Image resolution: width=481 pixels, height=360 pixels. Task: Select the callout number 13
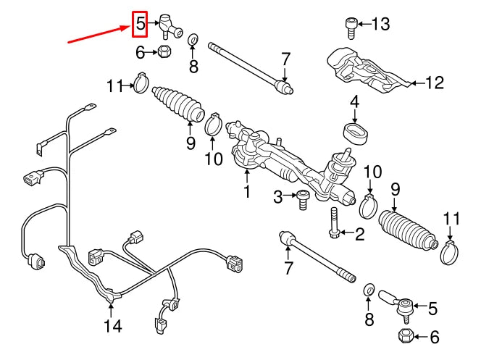(x=380, y=24)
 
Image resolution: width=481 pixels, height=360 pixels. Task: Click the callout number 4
(x=355, y=102)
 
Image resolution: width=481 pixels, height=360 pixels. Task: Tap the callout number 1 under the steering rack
(x=246, y=192)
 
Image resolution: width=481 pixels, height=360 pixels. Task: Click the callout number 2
(x=360, y=233)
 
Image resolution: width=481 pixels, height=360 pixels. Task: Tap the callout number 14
(x=112, y=326)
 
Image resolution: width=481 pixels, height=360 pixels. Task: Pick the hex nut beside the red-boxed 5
(x=164, y=51)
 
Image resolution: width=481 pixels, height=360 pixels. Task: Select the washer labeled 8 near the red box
(x=194, y=39)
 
